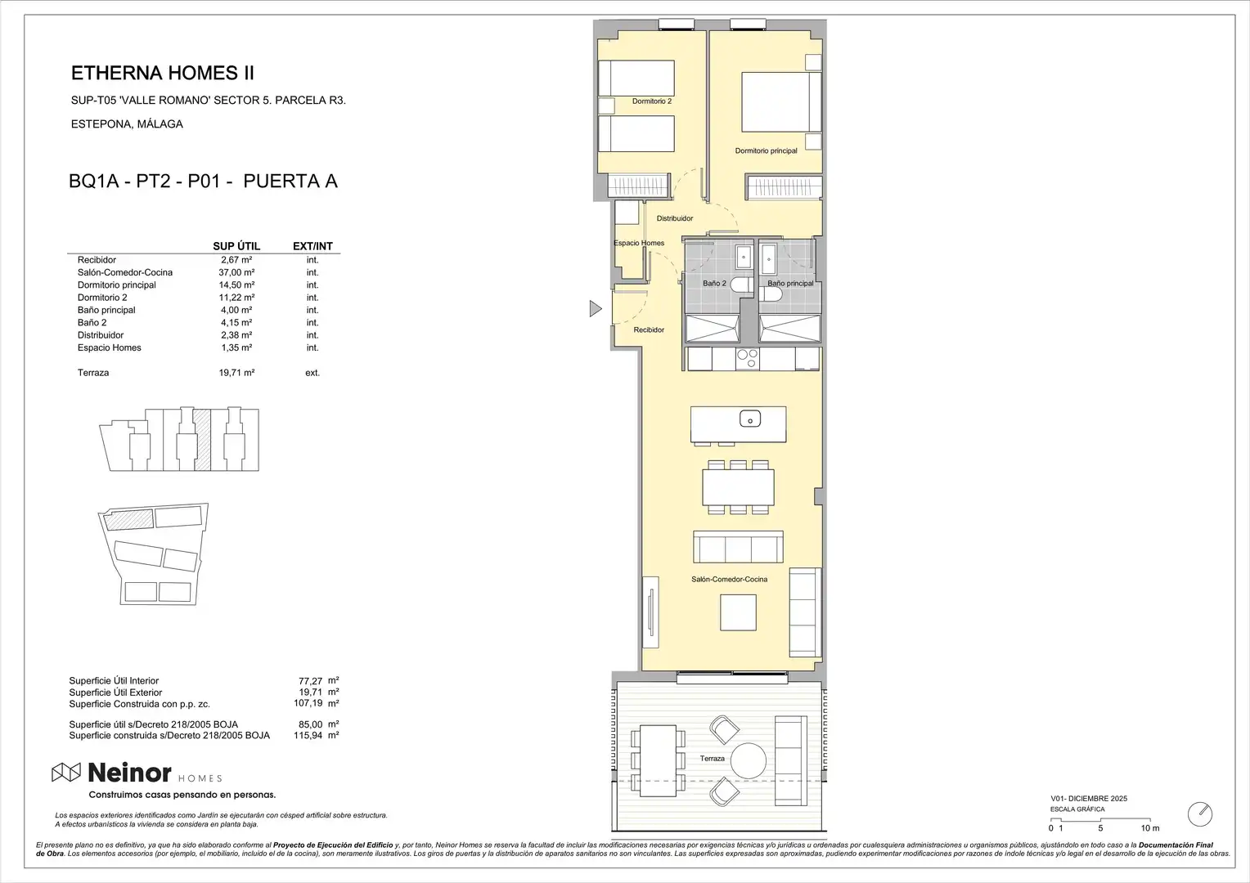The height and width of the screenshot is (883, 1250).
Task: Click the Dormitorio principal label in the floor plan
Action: point(766,150)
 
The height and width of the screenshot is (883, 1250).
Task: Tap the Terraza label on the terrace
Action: point(712,759)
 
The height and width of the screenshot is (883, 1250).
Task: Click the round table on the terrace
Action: point(749,761)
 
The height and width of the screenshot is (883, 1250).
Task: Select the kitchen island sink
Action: point(750,419)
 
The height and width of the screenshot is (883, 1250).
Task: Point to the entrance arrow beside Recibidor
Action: point(596,308)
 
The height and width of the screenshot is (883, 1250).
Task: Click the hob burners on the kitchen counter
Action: point(747,359)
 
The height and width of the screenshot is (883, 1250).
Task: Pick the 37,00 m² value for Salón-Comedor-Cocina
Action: point(236,272)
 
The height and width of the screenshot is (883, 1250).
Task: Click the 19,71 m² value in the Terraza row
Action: point(236,373)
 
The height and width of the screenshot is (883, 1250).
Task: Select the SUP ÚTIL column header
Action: point(236,246)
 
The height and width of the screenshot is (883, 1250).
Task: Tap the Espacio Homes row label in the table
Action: point(110,347)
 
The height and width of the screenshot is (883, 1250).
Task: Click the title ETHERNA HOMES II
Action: point(163,73)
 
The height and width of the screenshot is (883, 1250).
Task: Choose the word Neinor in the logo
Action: point(129,773)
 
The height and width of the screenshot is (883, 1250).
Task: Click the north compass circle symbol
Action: point(1200,814)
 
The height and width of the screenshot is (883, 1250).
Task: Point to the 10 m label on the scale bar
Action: point(1150,828)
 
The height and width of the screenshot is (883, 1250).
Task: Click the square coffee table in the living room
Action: point(738,612)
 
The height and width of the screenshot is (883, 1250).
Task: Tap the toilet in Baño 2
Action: point(742,285)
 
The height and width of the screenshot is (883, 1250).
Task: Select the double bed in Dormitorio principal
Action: point(781,102)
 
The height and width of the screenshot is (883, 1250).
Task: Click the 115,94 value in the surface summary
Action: point(308,735)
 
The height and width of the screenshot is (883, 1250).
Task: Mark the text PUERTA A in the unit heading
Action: point(290,182)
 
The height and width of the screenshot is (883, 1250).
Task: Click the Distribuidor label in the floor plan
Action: point(675,218)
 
